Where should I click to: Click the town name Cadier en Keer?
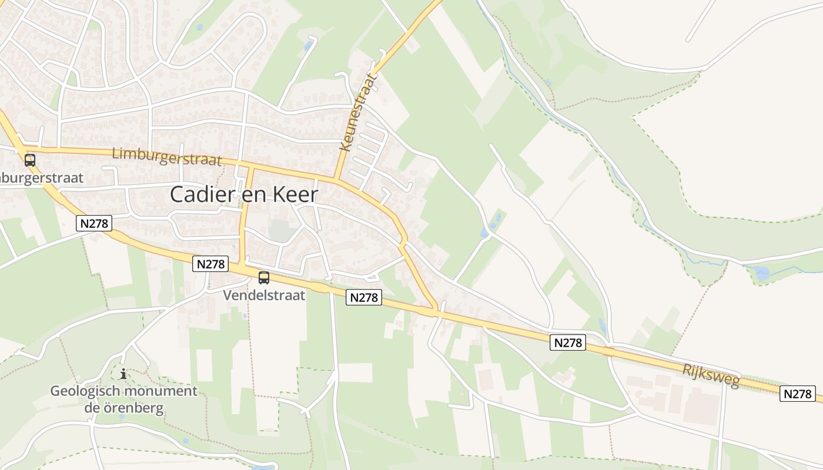point(244,194)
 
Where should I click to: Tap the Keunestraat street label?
point(358,112)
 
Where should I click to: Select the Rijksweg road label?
point(711,374)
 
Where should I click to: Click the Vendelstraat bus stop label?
point(264,295)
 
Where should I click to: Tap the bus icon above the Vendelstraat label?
point(264,278)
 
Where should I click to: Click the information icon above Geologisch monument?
point(123,374)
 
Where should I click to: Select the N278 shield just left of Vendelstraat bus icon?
point(210,264)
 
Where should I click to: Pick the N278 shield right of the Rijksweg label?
point(798,394)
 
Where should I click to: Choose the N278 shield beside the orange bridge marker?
point(568,343)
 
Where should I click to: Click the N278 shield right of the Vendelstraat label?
point(364,297)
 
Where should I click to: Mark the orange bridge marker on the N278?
point(608,351)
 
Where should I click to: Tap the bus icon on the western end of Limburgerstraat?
point(29,160)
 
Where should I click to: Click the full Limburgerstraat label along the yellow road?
point(166,157)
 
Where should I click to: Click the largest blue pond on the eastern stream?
point(761,273)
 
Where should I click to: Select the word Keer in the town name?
point(298,194)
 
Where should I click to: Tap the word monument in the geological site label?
point(161,391)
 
